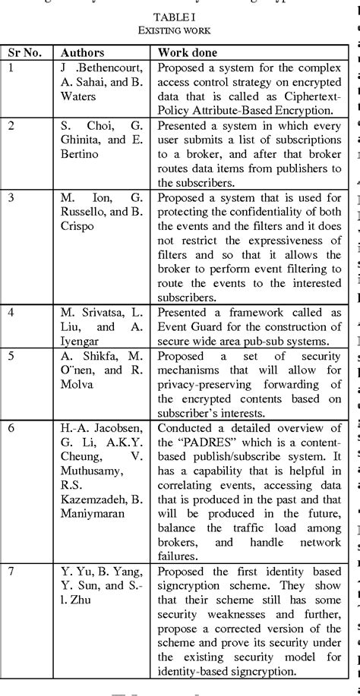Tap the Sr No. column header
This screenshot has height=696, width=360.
27,53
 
